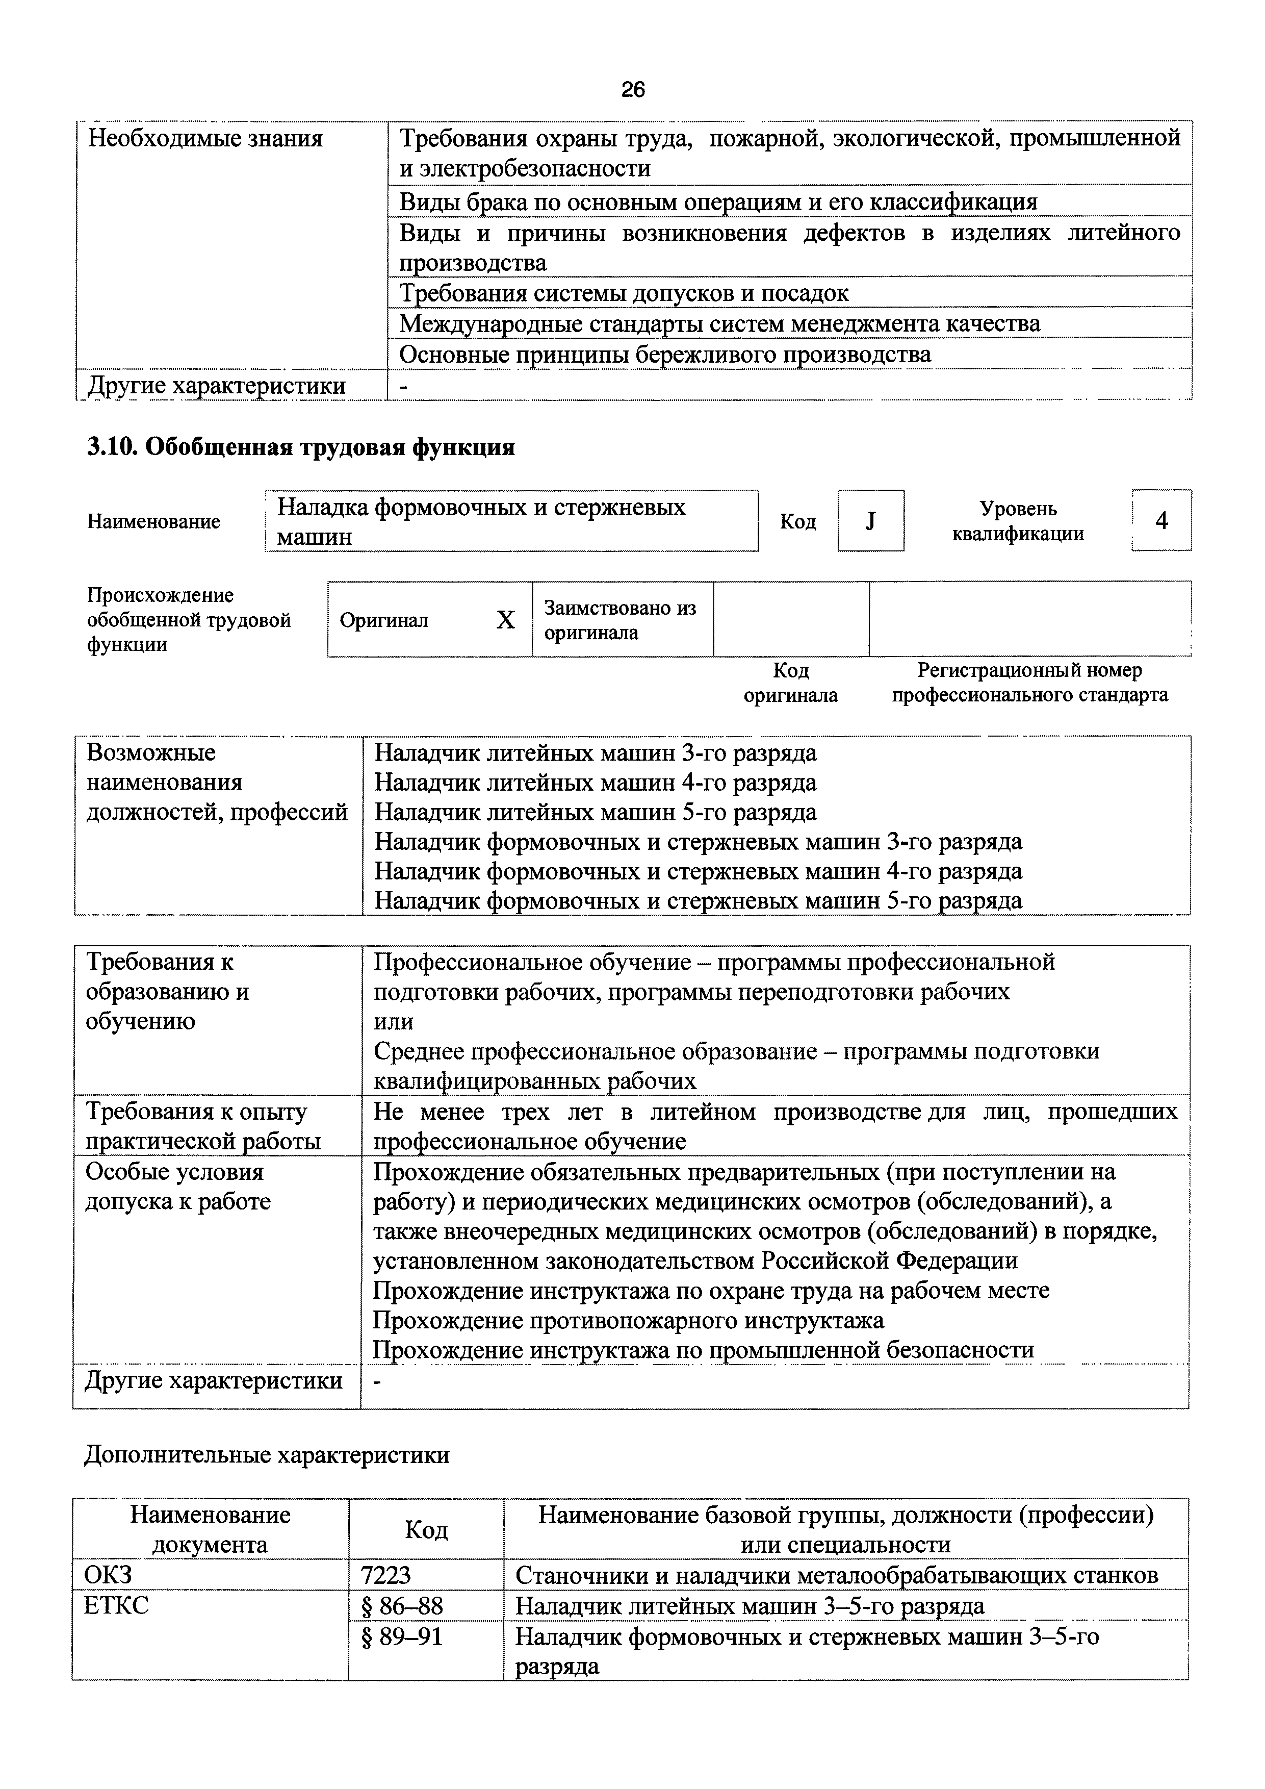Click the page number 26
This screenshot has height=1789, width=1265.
[632, 90]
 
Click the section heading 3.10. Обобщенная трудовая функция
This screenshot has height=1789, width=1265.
[301, 447]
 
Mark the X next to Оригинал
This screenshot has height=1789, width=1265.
[505, 620]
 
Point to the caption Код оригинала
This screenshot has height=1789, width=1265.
[791, 683]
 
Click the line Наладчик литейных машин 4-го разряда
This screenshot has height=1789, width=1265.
[596, 783]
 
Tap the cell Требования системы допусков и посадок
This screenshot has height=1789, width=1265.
[623, 293]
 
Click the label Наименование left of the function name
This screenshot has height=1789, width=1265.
[153, 521]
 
